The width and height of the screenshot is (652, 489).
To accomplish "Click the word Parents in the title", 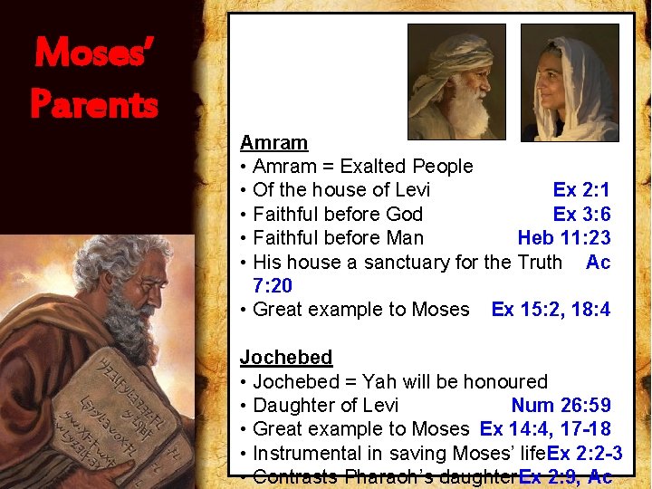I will click(95, 103).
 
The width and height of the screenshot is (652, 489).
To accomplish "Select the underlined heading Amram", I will click(273, 143).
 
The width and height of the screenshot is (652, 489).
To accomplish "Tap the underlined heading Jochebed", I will click(286, 358).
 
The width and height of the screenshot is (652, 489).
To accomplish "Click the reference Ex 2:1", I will click(581, 190).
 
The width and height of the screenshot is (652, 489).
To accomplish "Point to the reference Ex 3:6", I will click(581, 214).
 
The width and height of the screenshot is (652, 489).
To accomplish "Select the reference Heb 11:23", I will click(564, 238).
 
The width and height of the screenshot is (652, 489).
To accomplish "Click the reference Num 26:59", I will click(561, 406).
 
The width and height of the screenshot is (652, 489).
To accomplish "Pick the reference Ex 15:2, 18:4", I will click(551, 310).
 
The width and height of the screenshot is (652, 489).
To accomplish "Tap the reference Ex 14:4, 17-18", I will click(545, 429).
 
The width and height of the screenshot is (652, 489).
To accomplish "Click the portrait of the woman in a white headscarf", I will click(570, 81).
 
